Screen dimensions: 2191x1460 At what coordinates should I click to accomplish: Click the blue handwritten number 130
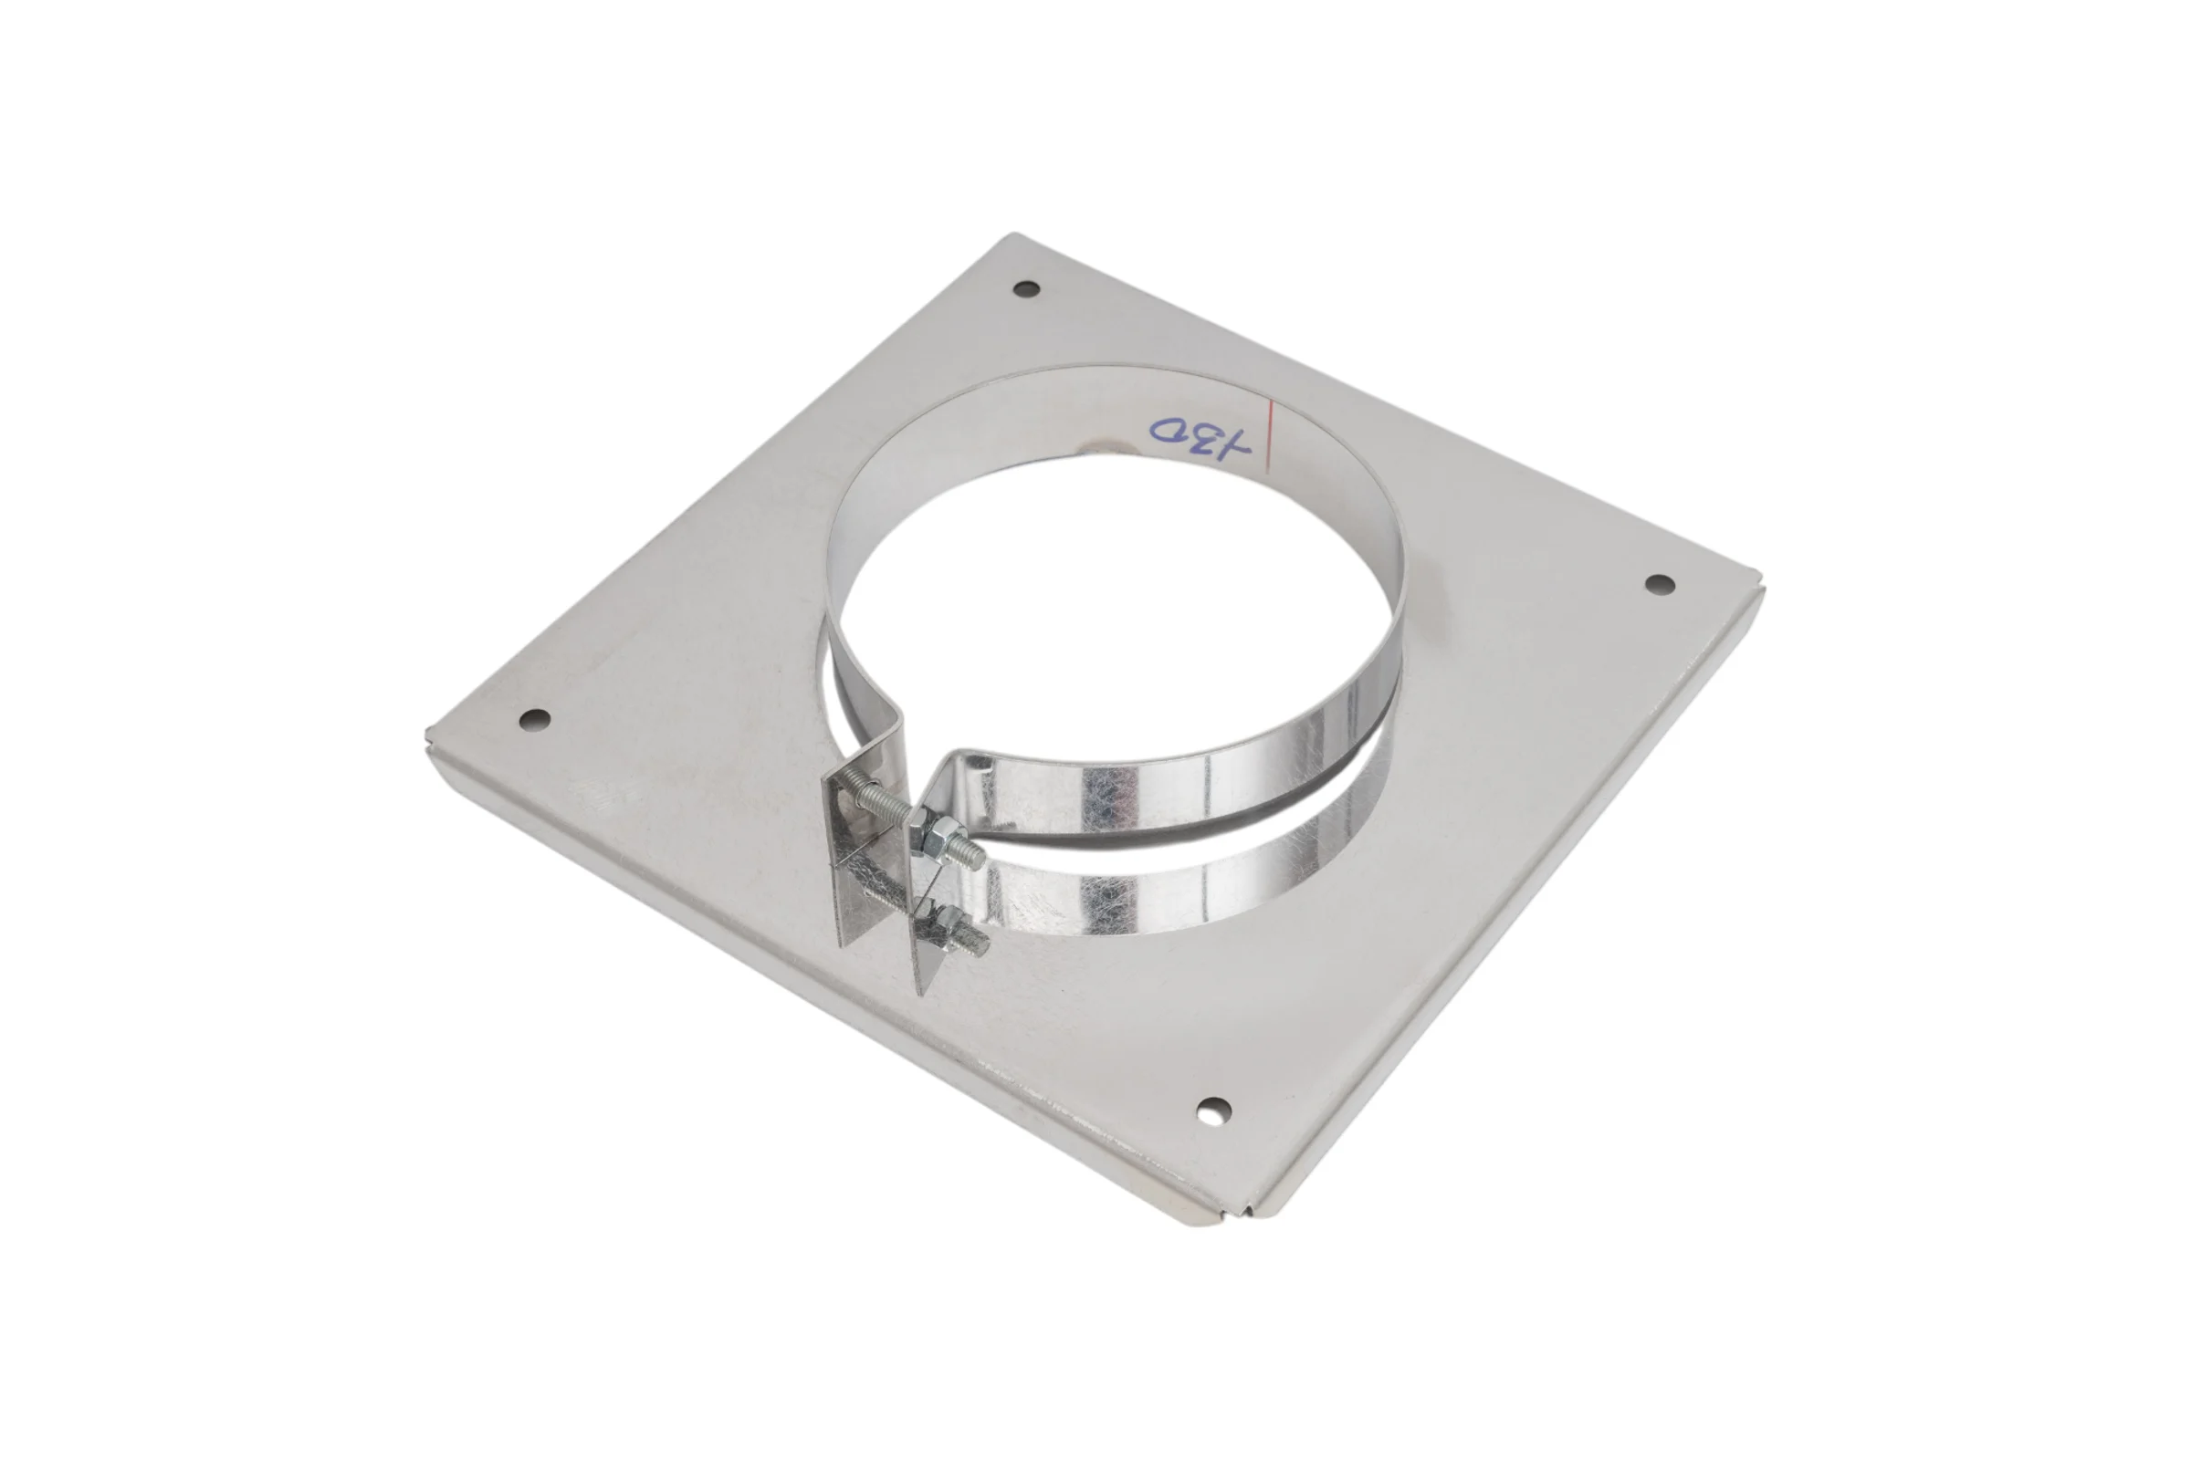coord(1200,439)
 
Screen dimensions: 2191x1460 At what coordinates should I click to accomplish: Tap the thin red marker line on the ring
coord(1268,437)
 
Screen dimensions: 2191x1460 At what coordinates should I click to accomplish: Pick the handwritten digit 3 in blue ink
coord(1208,438)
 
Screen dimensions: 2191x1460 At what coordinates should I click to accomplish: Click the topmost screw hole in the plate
coord(1025,288)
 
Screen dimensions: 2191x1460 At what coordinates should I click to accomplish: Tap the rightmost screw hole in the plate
coord(1659,584)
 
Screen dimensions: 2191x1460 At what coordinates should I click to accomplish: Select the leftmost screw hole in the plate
coord(535,719)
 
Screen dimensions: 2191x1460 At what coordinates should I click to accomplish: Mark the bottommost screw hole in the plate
coord(1213,1109)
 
